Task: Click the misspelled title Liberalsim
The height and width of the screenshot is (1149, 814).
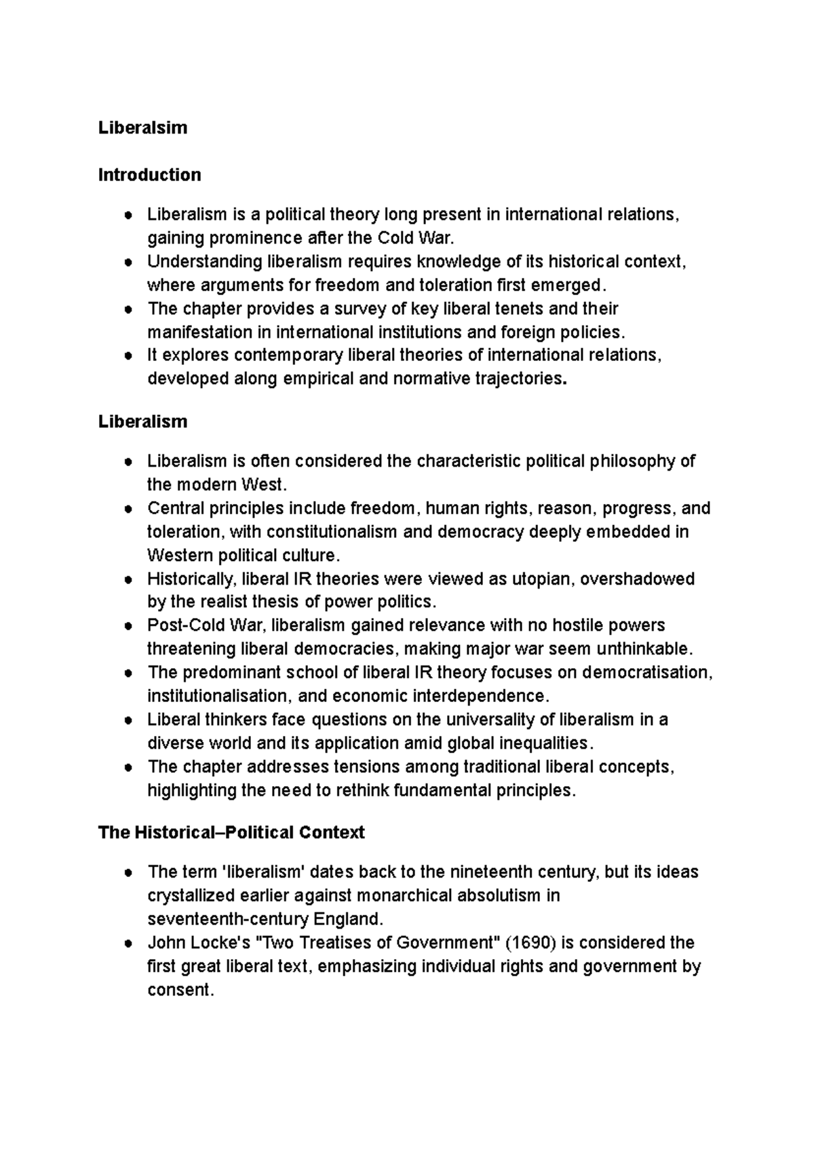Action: (x=142, y=128)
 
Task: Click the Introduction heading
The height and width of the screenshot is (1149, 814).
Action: (x=149, y=175)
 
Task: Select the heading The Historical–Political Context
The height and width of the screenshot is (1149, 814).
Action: (x=231, y=832)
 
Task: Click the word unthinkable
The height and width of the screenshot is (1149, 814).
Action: (x=644, y=649)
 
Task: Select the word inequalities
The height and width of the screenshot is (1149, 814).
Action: (x=541, y=743)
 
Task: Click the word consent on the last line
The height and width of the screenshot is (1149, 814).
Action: (x=180, y=990)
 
